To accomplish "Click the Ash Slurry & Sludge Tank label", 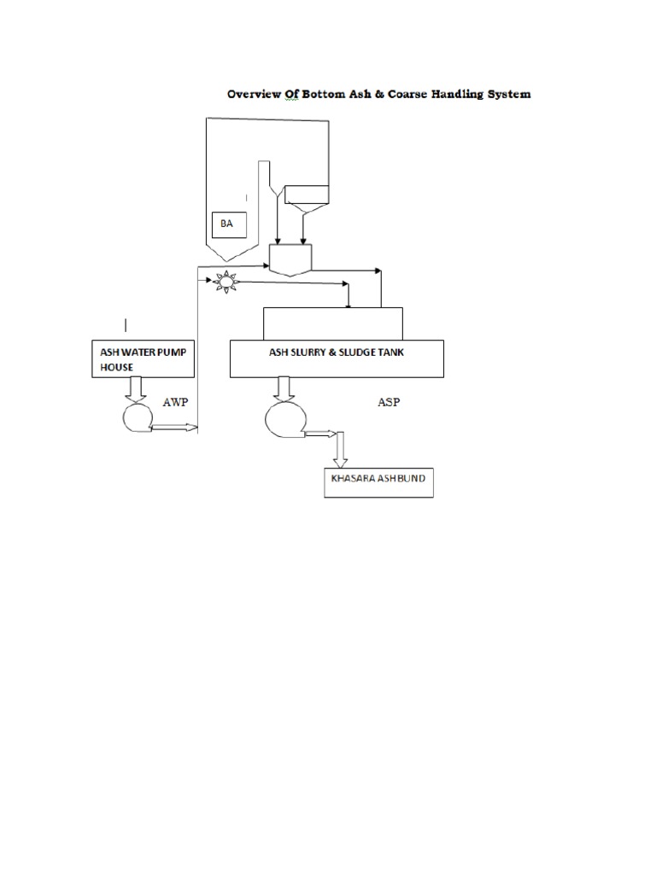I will click(337, 352).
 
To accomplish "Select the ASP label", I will click(389, 401).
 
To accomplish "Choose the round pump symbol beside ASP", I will click(282, 420).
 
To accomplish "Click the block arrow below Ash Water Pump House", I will click(135, 389).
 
